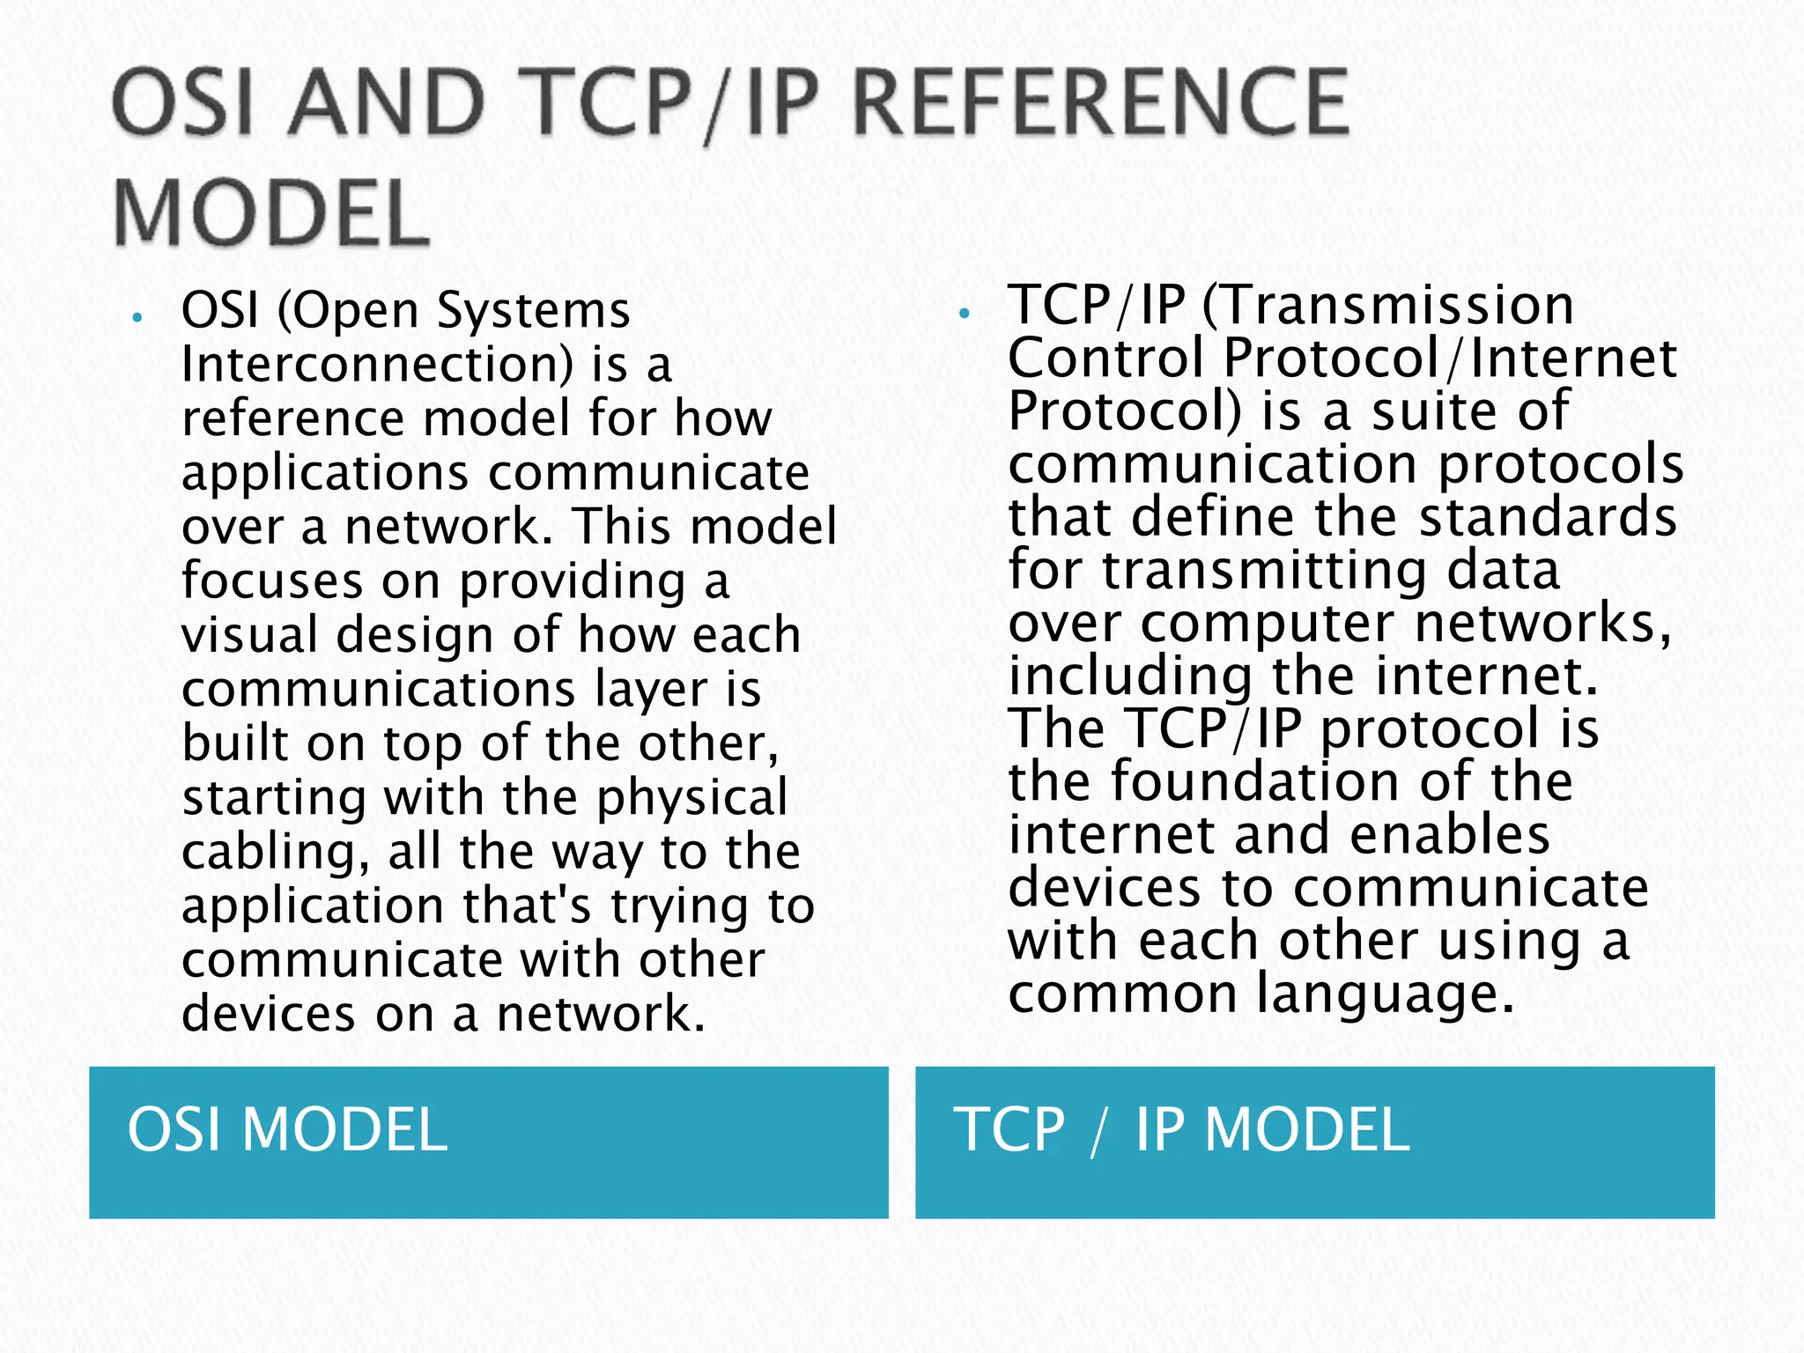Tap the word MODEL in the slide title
click(270, 214)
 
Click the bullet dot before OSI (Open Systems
click(137, 318)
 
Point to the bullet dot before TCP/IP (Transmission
click(965, 313)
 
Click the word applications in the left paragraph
click(325, 473)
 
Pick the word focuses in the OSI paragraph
click(272, 581)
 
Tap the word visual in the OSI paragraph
click(249, 635)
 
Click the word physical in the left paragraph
click(691, 797)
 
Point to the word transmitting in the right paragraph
click(1264, 570)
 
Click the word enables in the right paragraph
click(1449, 835)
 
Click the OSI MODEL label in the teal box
click(287, 1130)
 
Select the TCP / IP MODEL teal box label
click(1181, 1130)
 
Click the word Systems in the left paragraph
click(534, 311)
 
